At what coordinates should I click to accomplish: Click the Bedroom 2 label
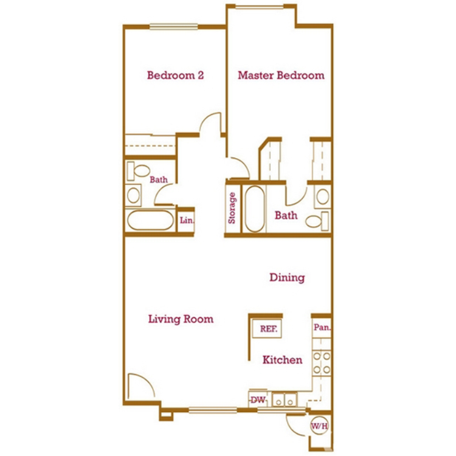pos(175,75)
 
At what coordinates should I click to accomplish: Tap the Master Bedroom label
pos(282,75)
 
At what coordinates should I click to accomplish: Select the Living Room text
pos(181,319)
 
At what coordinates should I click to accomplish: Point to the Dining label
pos(287,277)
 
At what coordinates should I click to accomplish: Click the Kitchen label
pos(282,360)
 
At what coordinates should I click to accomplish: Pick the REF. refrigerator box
pos(267,328)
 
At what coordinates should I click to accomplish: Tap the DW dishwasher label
pos(258,400)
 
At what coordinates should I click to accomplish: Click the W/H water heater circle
pos(320,426)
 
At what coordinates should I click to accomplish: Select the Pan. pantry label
pos(322,328)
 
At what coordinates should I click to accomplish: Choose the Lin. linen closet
pos(186,221)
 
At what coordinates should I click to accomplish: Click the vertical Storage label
pos(232,208)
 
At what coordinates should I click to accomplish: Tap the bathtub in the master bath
pos(255,209)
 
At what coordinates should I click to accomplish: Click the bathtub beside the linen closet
pos(150,220)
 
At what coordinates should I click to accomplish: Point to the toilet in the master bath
pos(317,221)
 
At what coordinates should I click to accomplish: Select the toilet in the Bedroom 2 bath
pos(139,171)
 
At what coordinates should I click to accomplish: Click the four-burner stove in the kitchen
pos(322,363)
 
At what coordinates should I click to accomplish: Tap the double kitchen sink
pos(285,399)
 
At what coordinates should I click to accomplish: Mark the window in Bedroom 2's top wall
pos(174,27)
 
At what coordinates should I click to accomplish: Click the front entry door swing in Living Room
pos(142,385)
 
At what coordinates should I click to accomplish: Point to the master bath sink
pos(322,196)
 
